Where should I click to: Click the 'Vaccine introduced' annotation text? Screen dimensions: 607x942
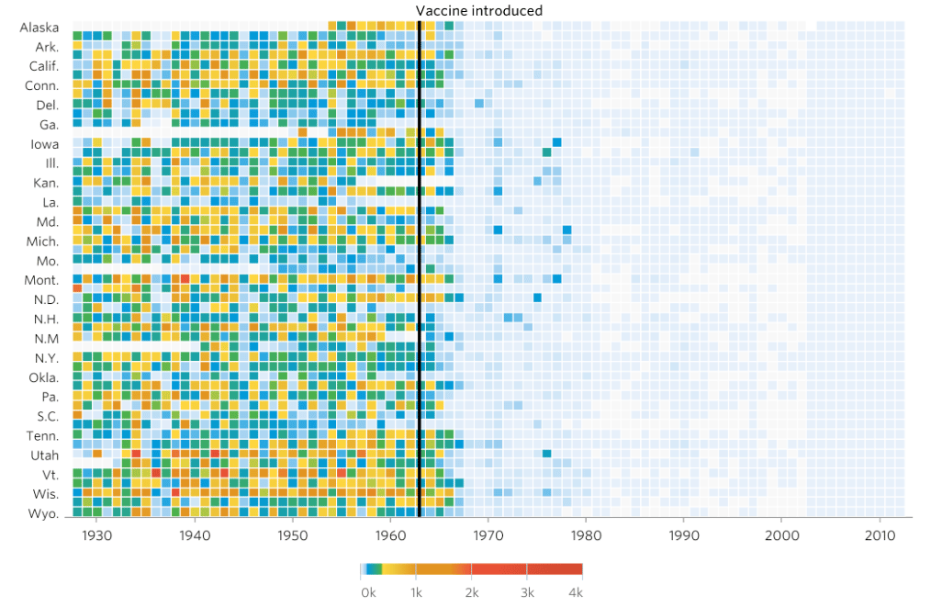coord(478,11)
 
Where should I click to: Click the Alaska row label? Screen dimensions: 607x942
coord(39,28)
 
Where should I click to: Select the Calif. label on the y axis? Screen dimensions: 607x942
coord(43,66)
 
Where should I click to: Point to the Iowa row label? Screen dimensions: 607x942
coord(44,144)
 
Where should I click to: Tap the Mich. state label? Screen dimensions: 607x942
coord(43,242)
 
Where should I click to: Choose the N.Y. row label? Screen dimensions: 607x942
coord(46,358)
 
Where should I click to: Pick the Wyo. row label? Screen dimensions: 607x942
coord(43,513)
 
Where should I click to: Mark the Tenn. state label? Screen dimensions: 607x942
coord(42,436)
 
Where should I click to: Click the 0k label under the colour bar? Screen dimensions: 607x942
coord(368,592)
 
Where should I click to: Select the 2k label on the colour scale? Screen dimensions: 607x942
coord(472,592)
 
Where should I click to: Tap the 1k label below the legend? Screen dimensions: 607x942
coord(416,592)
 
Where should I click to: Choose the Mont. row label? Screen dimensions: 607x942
coord(41,280)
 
